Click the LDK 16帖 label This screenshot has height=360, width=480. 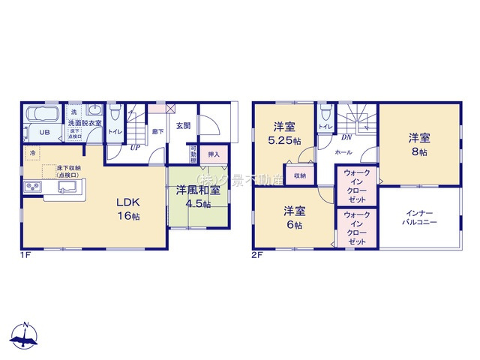[x=128, y=208]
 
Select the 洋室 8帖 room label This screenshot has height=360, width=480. [x=418, y=144]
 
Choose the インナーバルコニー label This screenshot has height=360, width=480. [x=418, y=218]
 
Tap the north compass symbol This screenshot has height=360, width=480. [x=25, y=337]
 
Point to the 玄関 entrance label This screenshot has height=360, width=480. [x=183, y=126]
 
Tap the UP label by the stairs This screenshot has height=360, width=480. [x=135, y=147]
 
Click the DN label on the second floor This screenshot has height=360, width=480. [x=346, y=138]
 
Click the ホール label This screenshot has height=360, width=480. [x=343, y=151]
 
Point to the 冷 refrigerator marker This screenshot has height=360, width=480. [x=32, y=154]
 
